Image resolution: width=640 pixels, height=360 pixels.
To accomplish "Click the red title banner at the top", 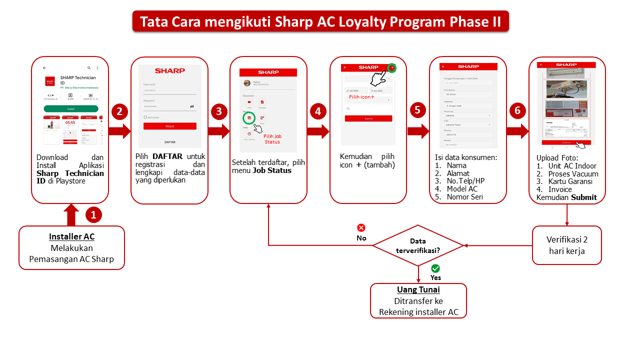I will [x=320, y=22].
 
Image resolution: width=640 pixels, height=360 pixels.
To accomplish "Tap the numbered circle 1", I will [x=93, y=215].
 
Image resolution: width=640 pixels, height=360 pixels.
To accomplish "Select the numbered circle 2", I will [x=119, y=111].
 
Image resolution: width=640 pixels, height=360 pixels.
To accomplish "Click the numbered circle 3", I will [x=219, y=111].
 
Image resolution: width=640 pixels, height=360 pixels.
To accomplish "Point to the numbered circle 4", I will [x=318, y=111].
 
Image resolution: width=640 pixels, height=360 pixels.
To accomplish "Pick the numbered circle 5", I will [x=418, y=111].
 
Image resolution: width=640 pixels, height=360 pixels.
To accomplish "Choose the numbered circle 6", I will [x=517, y=111].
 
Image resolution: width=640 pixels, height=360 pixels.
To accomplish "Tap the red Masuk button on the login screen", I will [x=170, y=126].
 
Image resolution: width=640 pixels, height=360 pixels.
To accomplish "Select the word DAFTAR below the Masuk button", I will [x=170, y=142].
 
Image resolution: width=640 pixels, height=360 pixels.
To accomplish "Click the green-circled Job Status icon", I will [x=249, y=118].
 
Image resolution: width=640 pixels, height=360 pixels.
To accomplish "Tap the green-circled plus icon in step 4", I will [x=392, y=67].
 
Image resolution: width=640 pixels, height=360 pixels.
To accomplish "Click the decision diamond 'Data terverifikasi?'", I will [x=418, y=245].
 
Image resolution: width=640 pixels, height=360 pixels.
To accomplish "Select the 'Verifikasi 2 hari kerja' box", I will [x=566, y=245].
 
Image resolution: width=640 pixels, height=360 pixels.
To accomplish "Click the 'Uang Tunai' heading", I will [x=418, y=290].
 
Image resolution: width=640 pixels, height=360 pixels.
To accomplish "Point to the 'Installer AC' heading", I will [x=71, y=236].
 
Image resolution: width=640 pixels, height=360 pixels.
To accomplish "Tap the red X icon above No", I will [x=361, y=228].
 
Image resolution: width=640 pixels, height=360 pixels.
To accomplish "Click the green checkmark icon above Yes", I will [x=435, y=268].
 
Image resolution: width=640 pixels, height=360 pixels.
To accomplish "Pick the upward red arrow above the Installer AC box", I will [x=71, y=214].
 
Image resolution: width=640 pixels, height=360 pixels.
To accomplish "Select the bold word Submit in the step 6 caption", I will [x=584, y=197].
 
